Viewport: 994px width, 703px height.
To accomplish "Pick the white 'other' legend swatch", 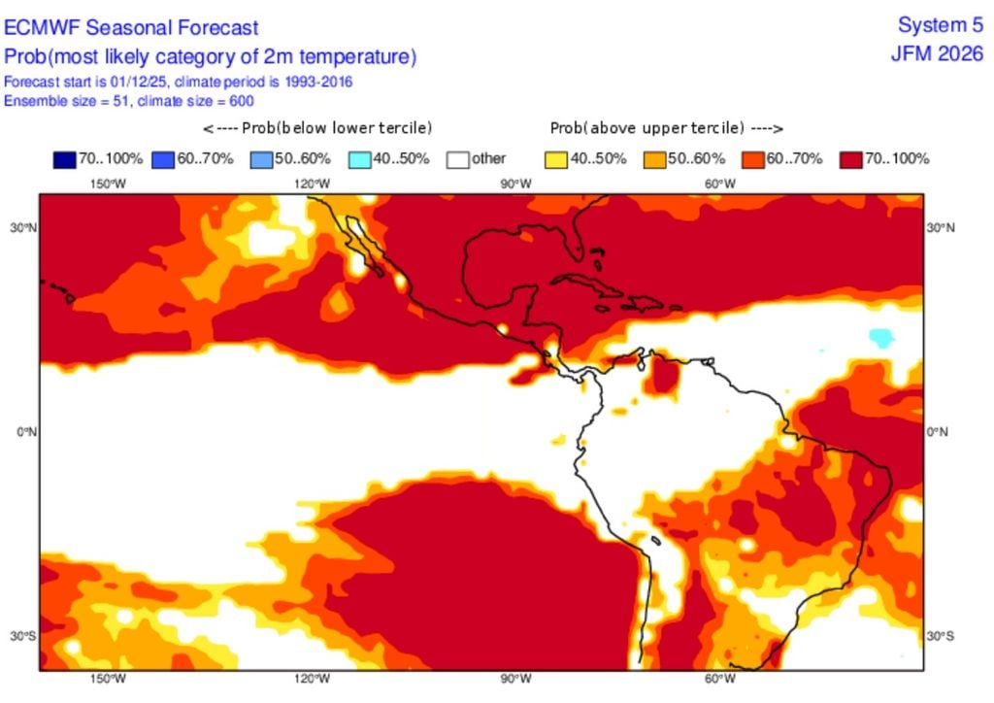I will [x=457, y=158].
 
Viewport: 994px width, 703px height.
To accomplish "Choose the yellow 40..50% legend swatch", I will [x=555, y=158].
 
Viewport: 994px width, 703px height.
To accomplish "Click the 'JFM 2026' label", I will [x=937, y=53].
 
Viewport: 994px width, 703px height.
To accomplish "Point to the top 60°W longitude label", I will [x=719, y=184].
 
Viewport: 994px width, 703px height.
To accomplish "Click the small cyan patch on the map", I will [x=880, y=337].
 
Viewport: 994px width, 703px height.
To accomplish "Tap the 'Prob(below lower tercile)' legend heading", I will [x=316, y=128].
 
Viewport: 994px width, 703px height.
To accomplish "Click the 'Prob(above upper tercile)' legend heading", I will [x=667, y=128].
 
